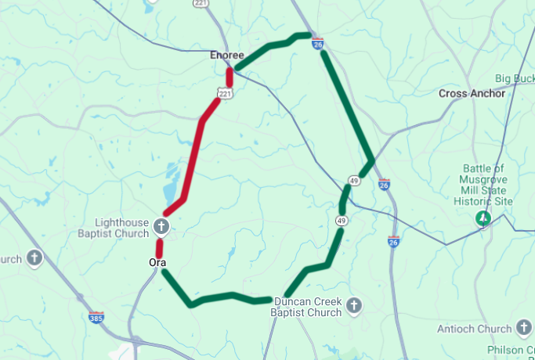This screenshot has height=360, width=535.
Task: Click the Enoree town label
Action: tap(227, 56)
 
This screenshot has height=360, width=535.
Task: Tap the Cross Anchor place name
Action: tap(472, 93)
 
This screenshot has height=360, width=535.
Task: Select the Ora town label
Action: tap(157, 262)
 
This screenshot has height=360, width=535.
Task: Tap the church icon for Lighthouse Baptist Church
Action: tap(161, 228)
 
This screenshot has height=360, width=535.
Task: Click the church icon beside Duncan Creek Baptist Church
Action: tap(354, 305)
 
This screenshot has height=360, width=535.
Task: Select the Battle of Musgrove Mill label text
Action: tap(483, 185)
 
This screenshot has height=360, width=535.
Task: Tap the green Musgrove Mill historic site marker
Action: tap(484, 218)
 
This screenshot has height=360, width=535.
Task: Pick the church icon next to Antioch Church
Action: tap(524, 328)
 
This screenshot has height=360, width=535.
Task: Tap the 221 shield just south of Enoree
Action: tap(225, 94)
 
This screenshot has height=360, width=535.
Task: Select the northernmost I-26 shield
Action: tap(317, 43)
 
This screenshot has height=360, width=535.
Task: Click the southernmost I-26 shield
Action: tap(393, 242)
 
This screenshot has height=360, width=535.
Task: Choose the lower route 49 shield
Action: tap(342, 221)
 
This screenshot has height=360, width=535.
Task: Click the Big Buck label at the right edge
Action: tap(514, 79)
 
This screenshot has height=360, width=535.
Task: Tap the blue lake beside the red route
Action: tap(169, 185)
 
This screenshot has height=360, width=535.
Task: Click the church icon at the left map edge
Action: tap(34, 257)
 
